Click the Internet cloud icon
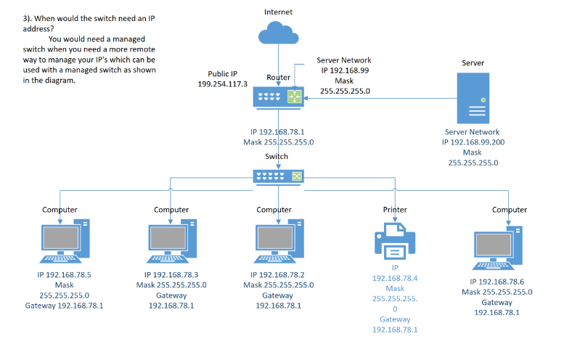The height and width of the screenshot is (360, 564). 278,34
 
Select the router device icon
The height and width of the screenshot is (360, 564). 279,97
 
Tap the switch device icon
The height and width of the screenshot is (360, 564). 279,176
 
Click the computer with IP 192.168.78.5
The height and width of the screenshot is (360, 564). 63,242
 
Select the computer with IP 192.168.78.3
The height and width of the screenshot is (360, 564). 171,242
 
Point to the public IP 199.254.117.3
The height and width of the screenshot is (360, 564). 222,84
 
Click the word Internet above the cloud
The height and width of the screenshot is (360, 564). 278,12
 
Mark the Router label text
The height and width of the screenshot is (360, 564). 278,77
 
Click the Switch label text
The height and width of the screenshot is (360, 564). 277,156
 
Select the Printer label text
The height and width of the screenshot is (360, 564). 395,210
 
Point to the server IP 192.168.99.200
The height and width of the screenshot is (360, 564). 473,142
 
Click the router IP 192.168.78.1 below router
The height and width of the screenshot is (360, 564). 278,132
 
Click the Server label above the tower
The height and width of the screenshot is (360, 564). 473,63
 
